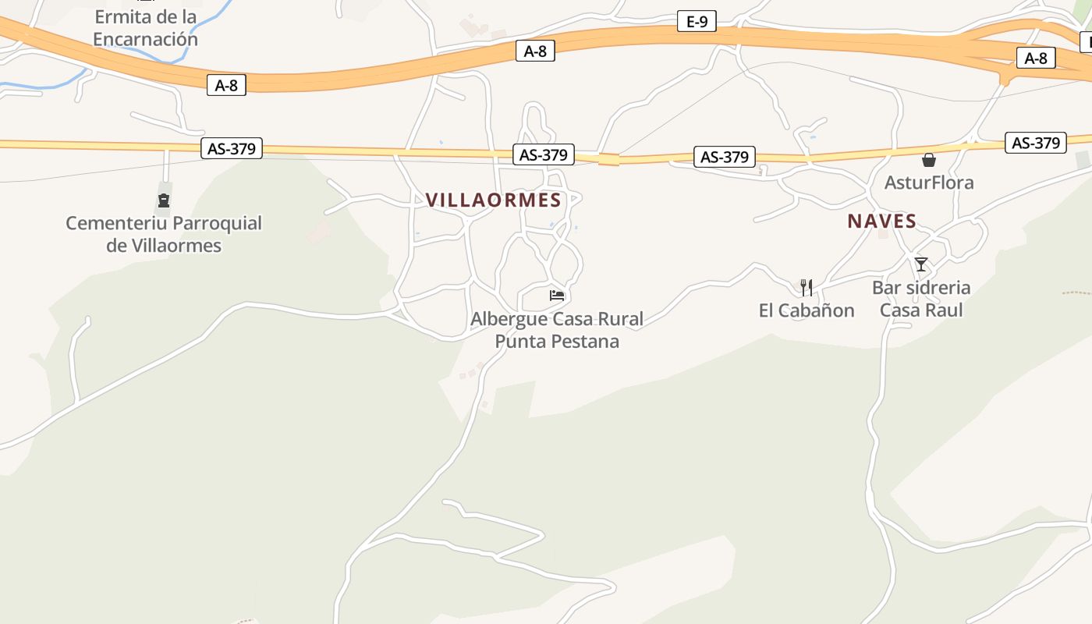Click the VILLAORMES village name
(x=494, y=200)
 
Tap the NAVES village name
(x=881, y=222)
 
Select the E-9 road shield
(x=696, y=22)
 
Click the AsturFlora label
(x=928, y=183)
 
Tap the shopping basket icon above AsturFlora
(x=928, y=160)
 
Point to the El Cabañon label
(x=807, y=310)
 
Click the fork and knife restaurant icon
(x=807, y=287)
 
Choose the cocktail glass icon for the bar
(x=921, y=264)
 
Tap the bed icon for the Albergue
(x=556, y=295)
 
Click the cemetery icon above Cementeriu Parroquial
(x=164, y=200)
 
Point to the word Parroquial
(x=217, y=224)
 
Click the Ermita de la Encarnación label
(x=145, y=28)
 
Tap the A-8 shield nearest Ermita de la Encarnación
(x=226, y=85)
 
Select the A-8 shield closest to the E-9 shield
(x=535, y=51)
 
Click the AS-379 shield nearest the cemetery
(x=232, y=148)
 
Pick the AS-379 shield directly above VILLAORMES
(x=543, y=154)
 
